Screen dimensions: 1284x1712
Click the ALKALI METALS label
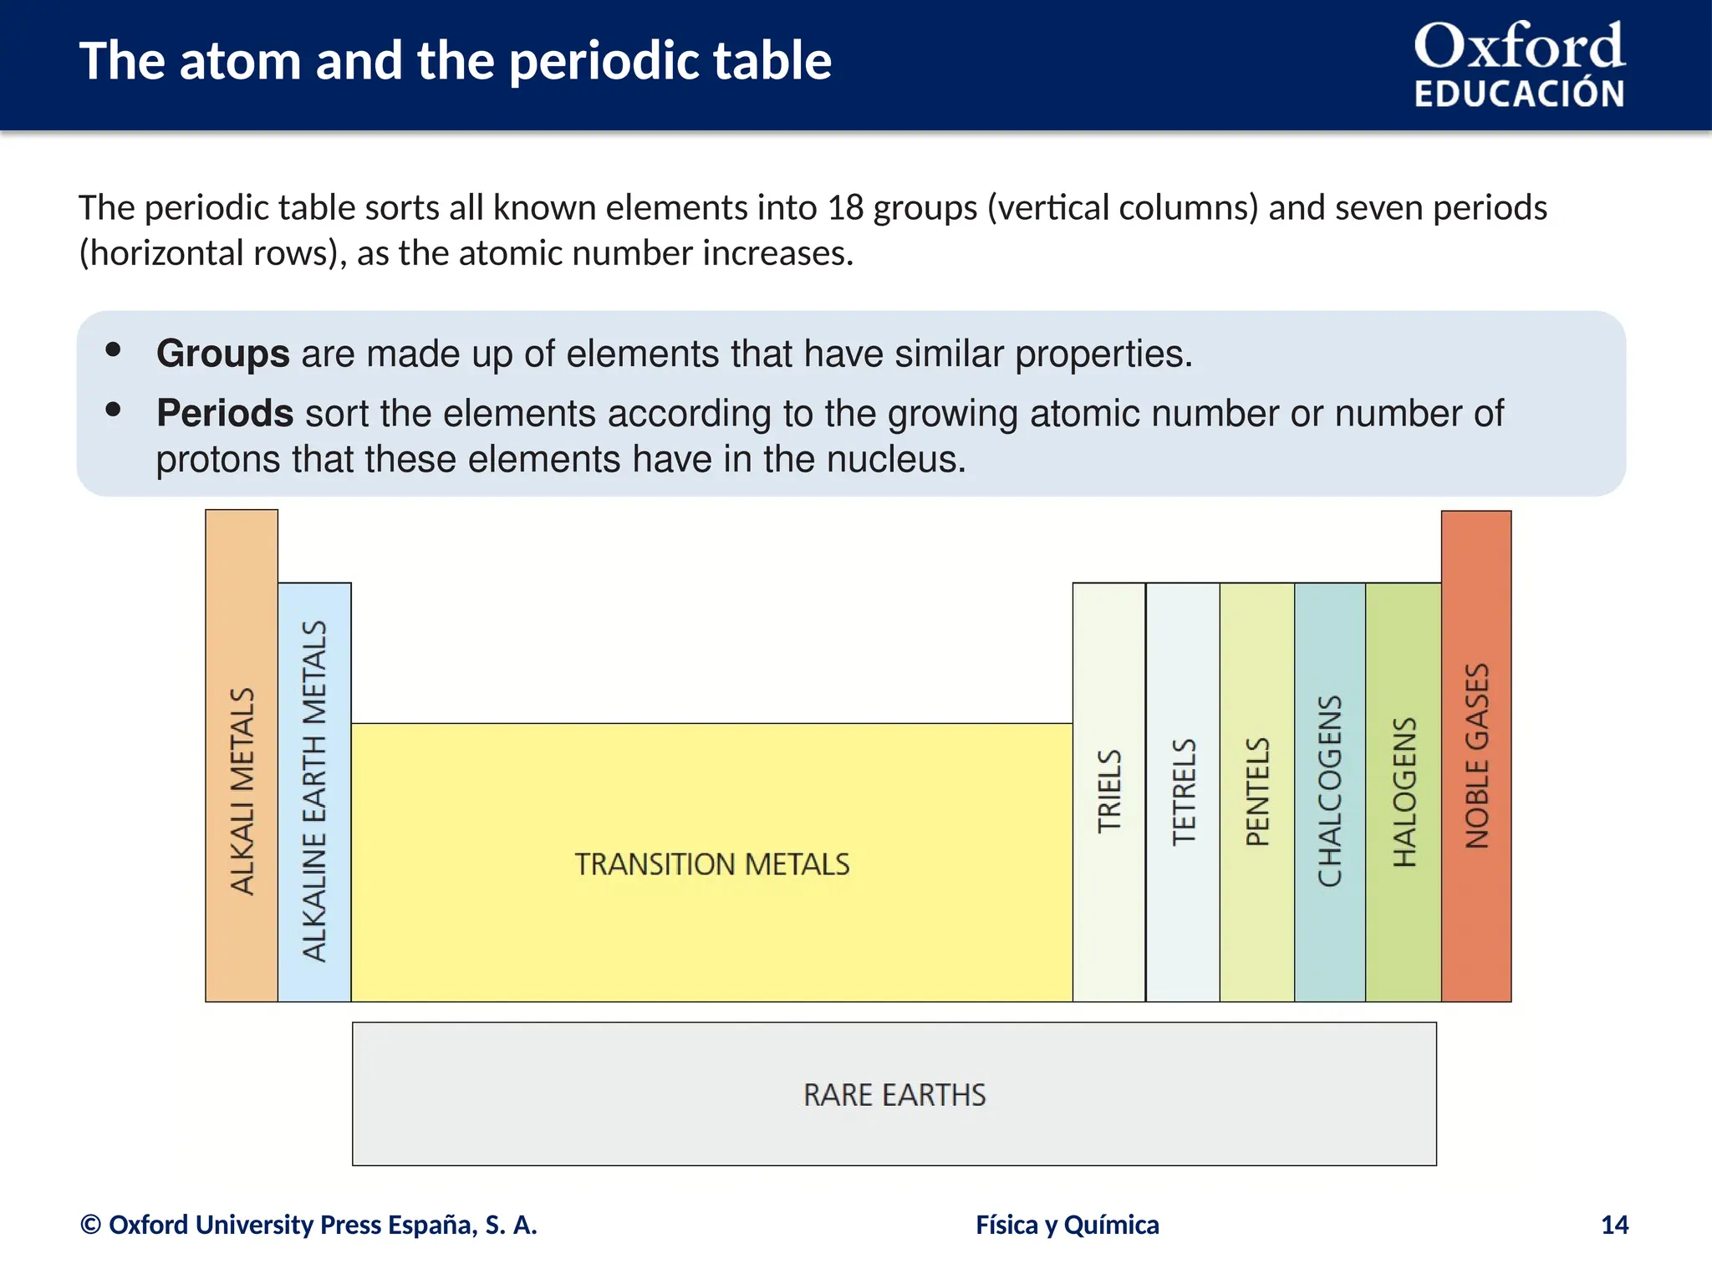(242, 791)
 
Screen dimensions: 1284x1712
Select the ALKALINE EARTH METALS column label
(314, 791)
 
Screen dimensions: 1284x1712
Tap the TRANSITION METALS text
(711, 864)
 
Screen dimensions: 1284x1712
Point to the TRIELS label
(1109, 791)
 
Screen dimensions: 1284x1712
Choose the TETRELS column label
(1184, 791)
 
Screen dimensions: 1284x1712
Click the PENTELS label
(1257, 791)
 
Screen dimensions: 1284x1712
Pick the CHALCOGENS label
(1330, 791)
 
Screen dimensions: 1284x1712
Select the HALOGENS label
(1404, 791)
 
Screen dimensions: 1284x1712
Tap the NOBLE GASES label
(1477, 756)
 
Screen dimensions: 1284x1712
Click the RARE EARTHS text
(894, 1094)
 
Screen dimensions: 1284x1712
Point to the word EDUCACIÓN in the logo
(1519, 94)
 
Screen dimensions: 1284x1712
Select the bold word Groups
(222, 354)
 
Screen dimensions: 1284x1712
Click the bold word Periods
(225, 413)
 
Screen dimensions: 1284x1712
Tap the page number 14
(1614, 1225)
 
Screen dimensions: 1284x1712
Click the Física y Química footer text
(1067, 1225)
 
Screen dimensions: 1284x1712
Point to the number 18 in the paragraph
(845, 207)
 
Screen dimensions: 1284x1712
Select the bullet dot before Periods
(114, 409)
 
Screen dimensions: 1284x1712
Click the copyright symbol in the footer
(90, 1225)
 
